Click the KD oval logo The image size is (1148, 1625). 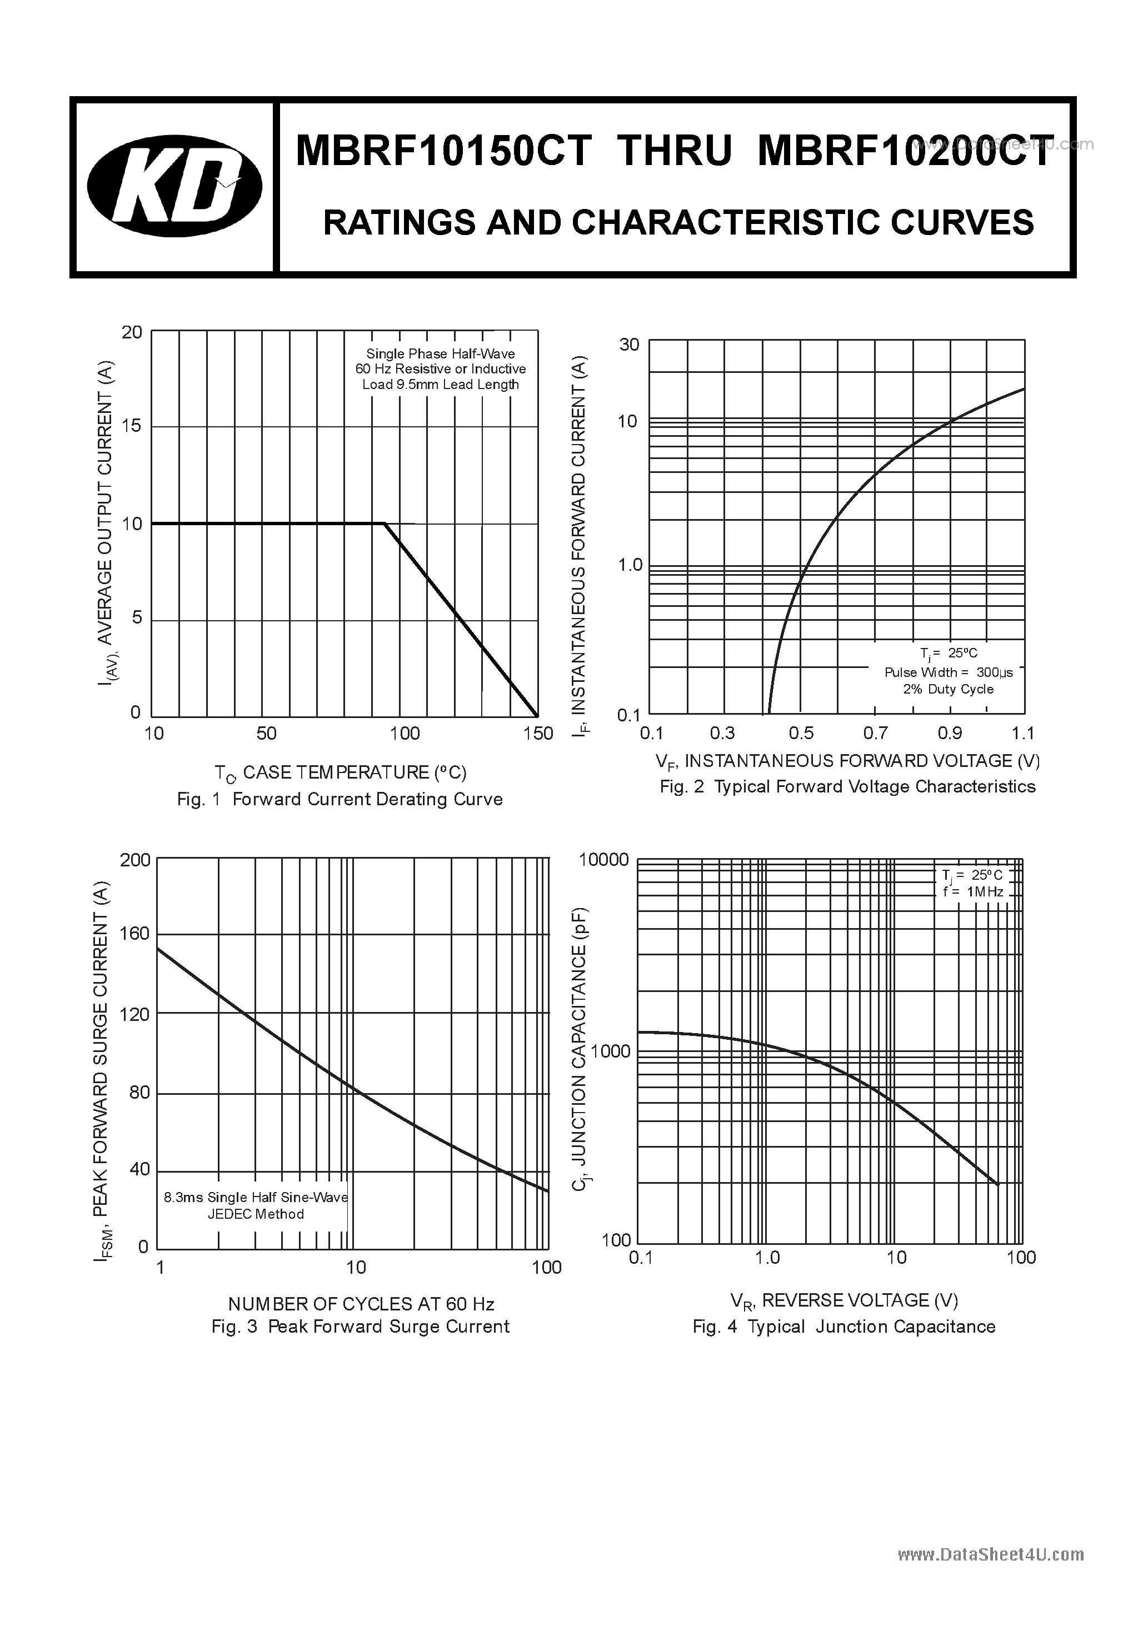click(174, 186)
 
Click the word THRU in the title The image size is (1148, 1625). click(674, 152)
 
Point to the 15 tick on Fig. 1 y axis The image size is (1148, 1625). click(132, 426)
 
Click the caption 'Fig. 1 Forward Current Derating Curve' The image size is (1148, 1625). click(340, 799)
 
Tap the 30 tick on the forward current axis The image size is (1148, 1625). click(629, 345)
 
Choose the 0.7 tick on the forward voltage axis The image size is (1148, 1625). click(876, 733)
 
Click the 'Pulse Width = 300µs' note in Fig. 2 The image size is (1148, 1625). click(949, 672)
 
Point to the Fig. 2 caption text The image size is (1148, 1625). click(847, 786)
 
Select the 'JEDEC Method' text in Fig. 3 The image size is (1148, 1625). click(256, 1214)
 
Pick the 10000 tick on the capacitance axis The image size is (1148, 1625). click(603, 860)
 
